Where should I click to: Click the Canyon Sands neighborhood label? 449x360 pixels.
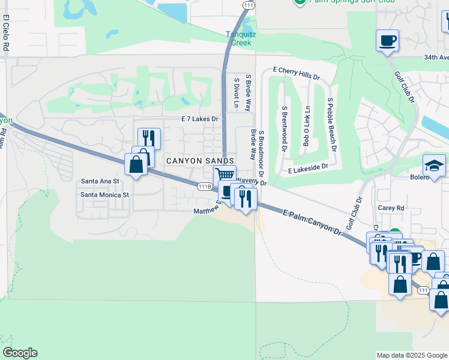(199, 161)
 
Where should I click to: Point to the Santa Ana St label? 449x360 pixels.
(100, 181)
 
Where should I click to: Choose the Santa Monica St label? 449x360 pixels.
(105, 195)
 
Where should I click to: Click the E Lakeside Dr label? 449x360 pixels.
(308, 170)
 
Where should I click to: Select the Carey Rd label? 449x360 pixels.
(391, 208)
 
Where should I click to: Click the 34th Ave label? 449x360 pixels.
(436, 58)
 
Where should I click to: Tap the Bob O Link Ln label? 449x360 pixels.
(306, 127)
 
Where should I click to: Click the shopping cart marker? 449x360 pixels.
(224, 175)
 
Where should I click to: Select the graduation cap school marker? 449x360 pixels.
(434, 165)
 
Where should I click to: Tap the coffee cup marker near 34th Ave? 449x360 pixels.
(387, 41)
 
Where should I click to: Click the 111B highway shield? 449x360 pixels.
(204, 187)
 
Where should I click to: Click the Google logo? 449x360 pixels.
(20, 353)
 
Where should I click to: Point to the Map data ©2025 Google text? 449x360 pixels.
(411, 355)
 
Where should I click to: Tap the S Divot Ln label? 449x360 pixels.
(237, 94)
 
